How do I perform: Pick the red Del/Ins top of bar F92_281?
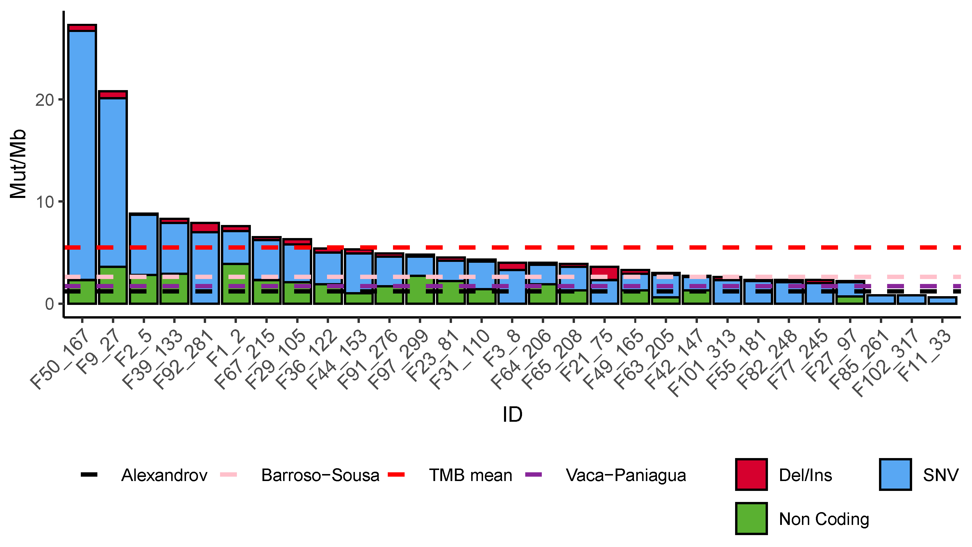[x=205, y=228]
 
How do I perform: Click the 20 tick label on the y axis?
[x=44, y=100]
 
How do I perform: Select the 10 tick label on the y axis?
[x=44, y=203]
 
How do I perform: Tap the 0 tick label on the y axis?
[x=49, y=304]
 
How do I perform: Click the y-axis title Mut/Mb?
[x=18, y=164]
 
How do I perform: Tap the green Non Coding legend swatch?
[x=751, y=518]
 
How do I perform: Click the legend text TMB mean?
[x=470, y=475]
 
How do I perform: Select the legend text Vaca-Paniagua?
[x=626, y=475]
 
